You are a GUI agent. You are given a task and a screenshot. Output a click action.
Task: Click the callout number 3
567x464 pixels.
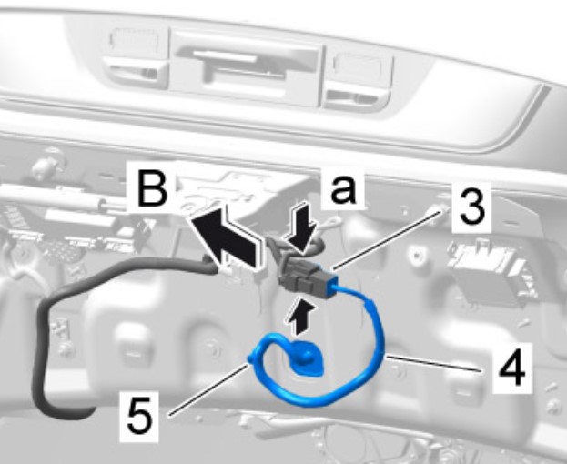click(471, 207)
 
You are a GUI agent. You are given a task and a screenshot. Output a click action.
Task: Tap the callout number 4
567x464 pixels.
click(511, 368)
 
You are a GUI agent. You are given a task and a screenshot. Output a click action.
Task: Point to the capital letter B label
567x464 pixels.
click(153, 187)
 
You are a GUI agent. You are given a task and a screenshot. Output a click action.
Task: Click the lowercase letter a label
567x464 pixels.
click(343, 188)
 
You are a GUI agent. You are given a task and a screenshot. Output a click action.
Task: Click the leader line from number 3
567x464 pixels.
click(388, 241)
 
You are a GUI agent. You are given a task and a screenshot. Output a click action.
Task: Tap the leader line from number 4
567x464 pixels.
click(433, 364)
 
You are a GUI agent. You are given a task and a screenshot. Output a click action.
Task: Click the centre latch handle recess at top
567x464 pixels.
click(247, 66)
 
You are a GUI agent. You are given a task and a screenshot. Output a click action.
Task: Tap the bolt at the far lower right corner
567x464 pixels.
click(553, 406)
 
